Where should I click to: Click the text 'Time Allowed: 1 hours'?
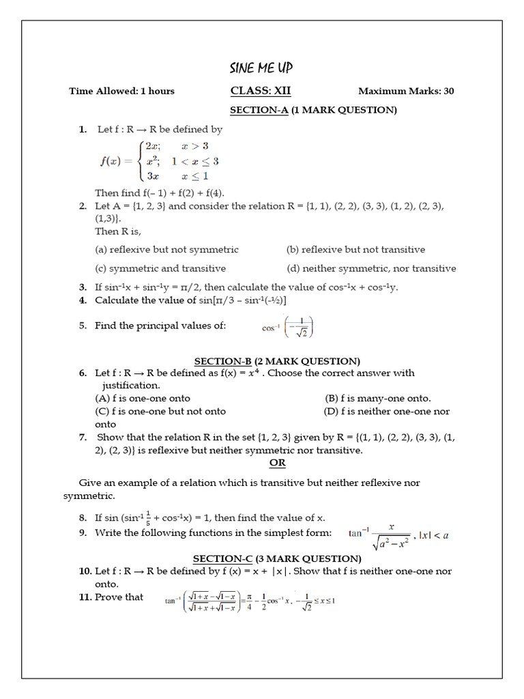121,91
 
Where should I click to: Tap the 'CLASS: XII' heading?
255,91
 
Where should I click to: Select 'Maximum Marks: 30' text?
406,91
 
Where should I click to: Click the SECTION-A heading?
313,110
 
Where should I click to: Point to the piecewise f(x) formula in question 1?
160,162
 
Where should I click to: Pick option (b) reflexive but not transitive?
355,250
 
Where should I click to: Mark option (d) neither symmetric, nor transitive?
371,268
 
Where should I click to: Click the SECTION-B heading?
277,361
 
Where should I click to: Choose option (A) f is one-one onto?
143,398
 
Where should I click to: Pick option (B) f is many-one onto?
378,398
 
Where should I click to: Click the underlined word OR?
277,463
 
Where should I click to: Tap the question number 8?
83,518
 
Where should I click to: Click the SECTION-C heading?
277,558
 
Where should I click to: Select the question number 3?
83,287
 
